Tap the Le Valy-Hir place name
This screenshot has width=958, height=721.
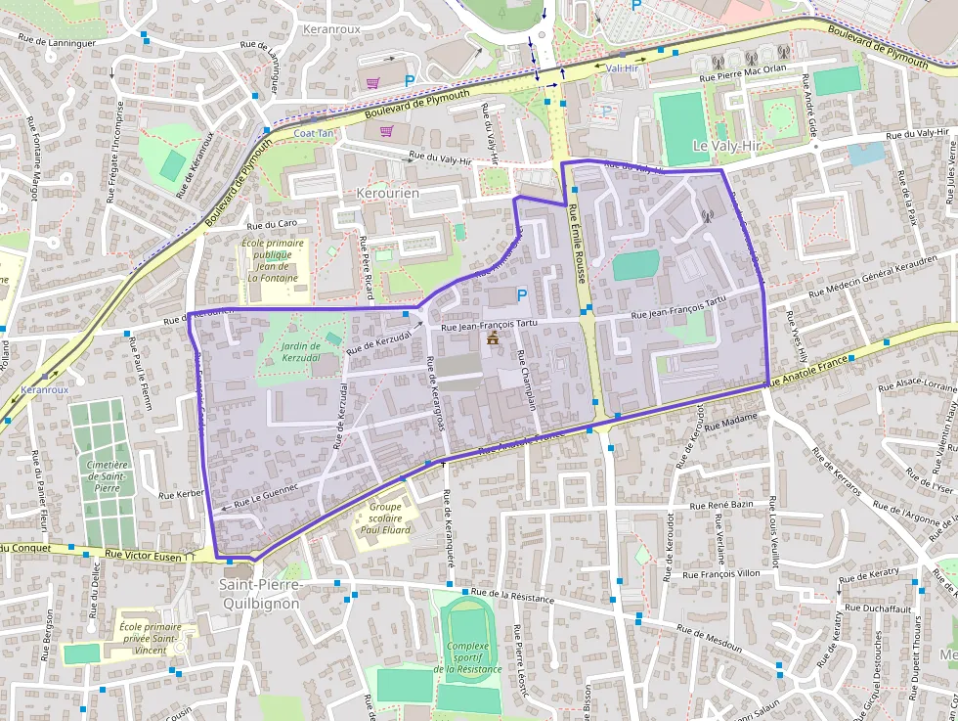coord(725,145)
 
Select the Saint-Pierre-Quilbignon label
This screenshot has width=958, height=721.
coord(262,594)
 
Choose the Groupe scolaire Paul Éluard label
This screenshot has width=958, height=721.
coord(384,518)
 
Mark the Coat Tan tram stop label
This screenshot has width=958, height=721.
coord(314,133)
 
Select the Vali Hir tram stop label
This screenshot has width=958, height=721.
coord(622,68)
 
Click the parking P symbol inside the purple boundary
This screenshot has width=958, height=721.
coord(521,294)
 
